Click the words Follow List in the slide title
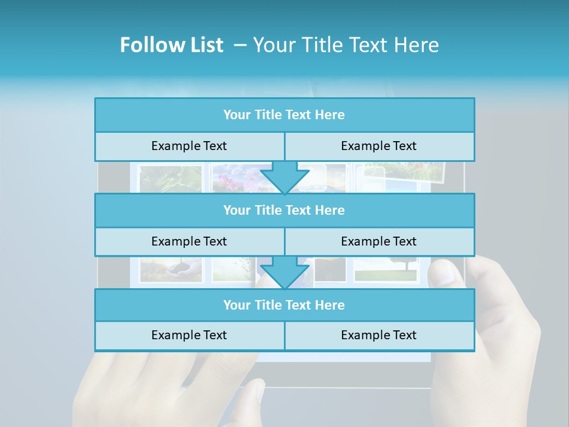tap(171, 45)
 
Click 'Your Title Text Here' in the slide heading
tap(346, 45)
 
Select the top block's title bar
tap(284, 115)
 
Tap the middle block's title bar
tap(284, 210)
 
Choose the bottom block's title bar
tap(284, 305)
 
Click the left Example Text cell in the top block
tap(189, 146)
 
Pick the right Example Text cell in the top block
tap(379, 146)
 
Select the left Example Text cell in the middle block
tap(189, 241)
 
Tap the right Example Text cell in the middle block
tap(379, 241)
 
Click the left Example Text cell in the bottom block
tap(189, 335)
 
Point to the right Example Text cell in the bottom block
tap(379, 335)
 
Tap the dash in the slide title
tap(239, 45)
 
